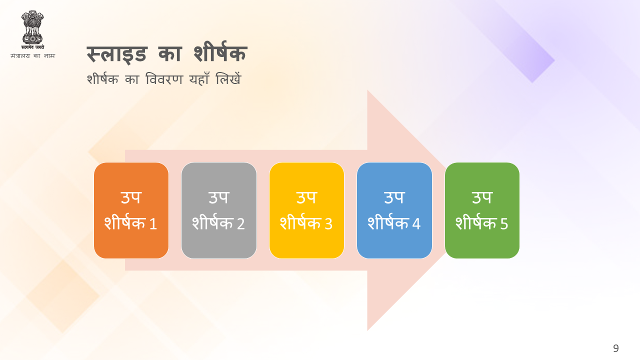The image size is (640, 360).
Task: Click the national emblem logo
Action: pos(32,30)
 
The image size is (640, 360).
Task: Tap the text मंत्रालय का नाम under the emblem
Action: pos(32,55)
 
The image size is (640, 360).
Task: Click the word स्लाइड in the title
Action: pos(116,54)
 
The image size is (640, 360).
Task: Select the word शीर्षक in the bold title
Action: pos(220,52)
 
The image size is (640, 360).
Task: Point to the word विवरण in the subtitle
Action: pos(164,79)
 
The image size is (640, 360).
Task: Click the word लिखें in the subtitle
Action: pos(228,78)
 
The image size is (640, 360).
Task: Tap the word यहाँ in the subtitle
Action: pos(199,78)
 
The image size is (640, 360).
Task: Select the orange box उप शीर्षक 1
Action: pos(131,210)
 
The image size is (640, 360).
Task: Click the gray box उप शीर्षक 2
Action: pos(219,210)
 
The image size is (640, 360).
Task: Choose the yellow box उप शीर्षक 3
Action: pos(306,210)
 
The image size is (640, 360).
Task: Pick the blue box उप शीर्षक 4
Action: pos(394,210)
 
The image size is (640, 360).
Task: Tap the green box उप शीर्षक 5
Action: pos(482,210)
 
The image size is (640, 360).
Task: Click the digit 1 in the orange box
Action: pos(153,223)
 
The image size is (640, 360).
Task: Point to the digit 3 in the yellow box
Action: pos(328,223)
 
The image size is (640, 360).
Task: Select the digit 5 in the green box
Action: pos(504,223)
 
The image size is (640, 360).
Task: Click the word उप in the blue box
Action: pos(394,197)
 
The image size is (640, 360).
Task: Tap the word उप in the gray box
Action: pos(219,197)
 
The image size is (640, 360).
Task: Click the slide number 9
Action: pos(615,348)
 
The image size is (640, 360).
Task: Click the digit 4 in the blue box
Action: pos(416,223)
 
